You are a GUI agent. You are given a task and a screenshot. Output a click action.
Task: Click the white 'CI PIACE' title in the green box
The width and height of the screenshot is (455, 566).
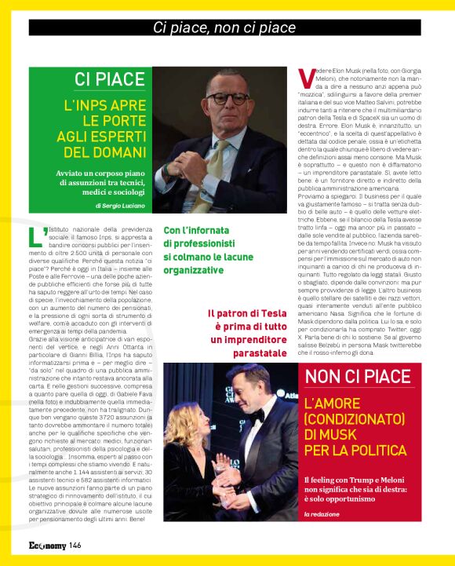point(109,79)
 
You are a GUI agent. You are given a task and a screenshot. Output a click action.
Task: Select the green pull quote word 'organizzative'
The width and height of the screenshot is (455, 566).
point(193,269)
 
